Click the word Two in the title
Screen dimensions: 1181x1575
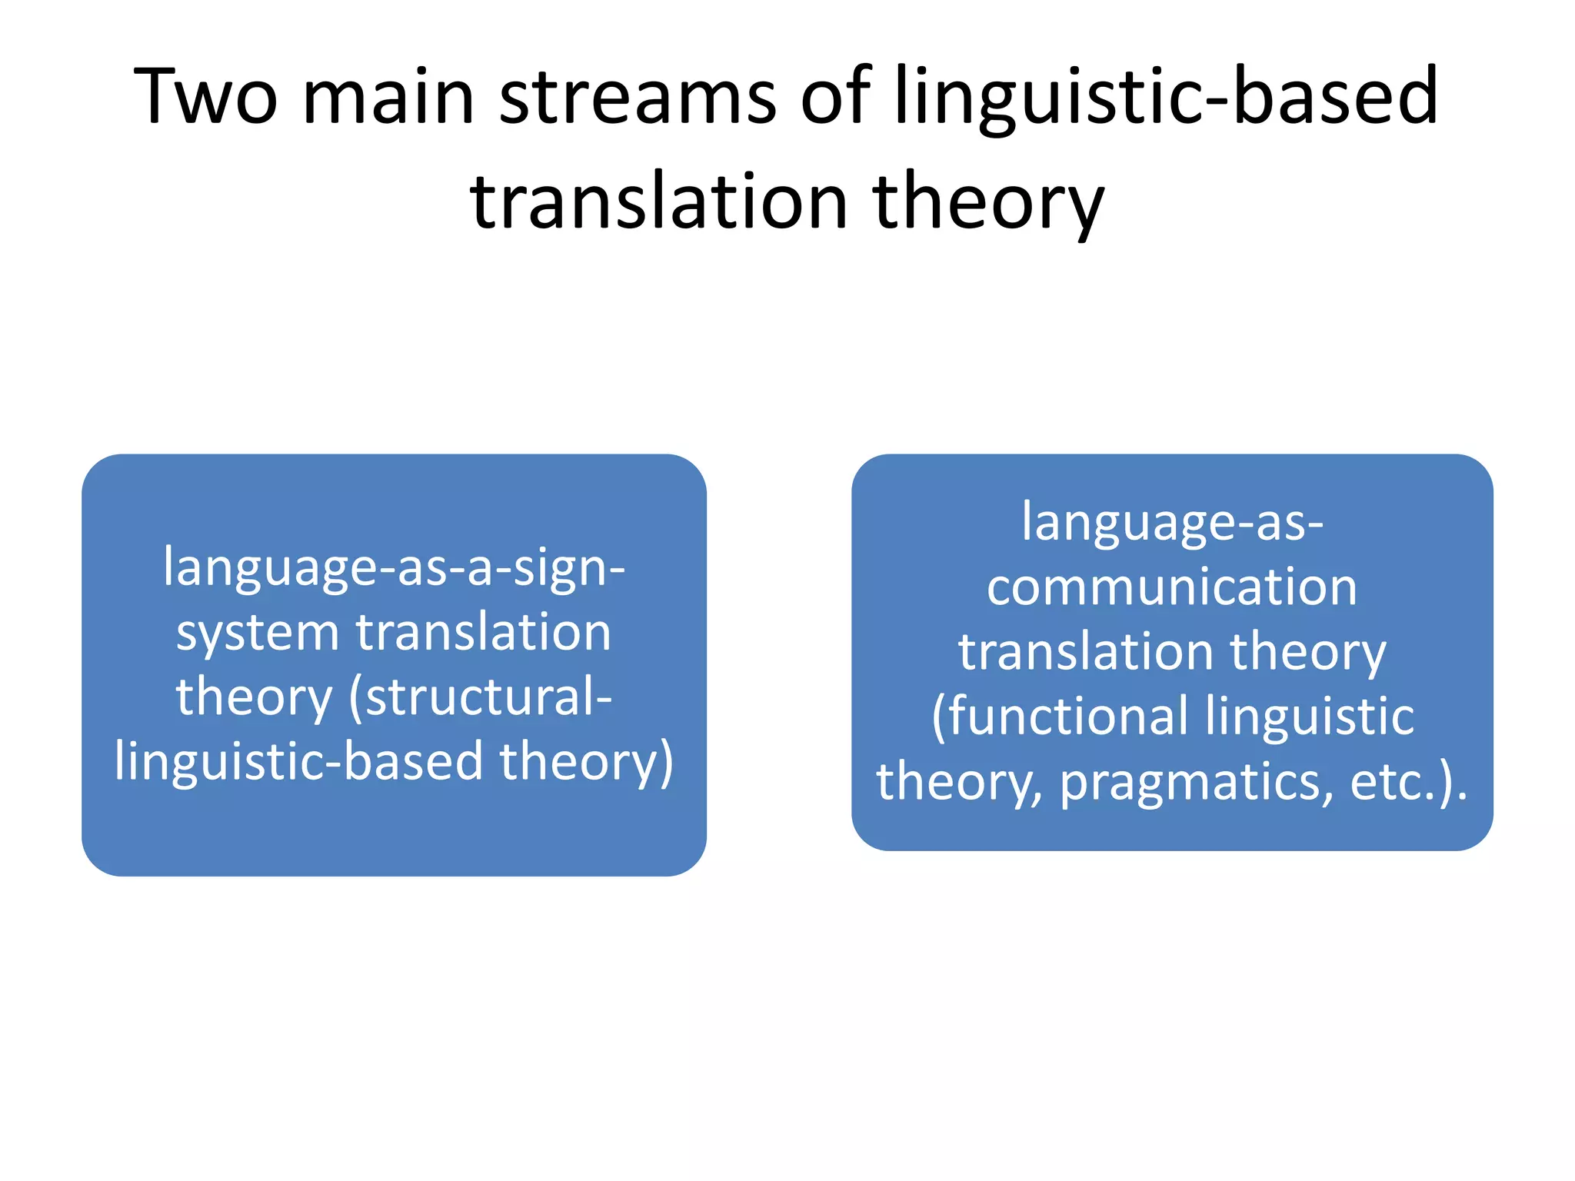tap(205, 96)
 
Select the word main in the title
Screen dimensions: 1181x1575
tap(388, 96)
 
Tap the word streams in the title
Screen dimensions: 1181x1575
tap(638, 96)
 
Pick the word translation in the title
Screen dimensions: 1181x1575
tap(659, 201)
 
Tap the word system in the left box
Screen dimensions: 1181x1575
tap(258, 634)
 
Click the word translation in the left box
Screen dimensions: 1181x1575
tap(483, 632)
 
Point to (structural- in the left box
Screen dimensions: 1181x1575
tap(481, 698)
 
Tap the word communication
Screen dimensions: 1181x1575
tap(1172, 587)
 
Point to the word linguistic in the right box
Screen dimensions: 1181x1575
tap(1310, 717)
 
